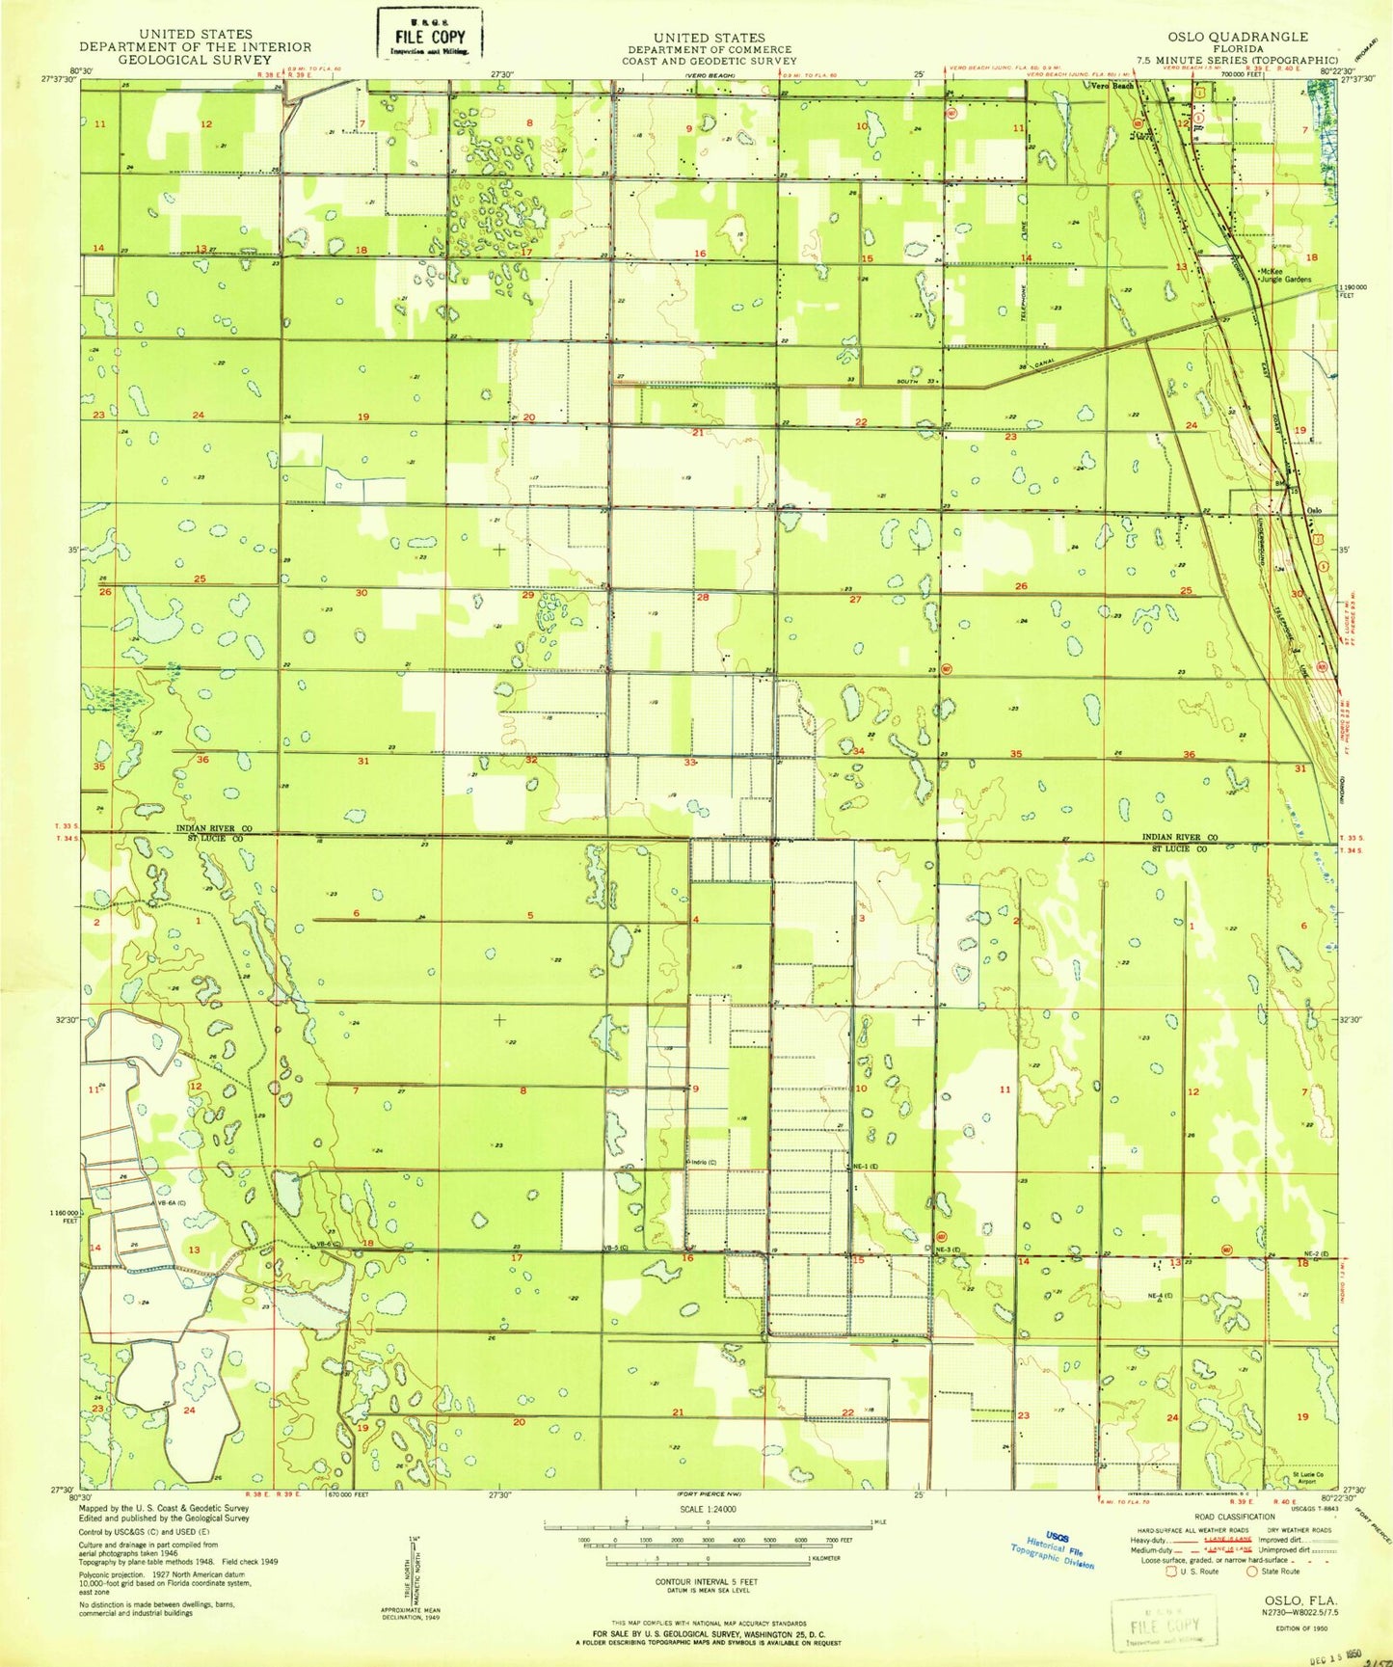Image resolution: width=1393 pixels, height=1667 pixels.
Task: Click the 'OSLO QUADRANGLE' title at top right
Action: coord(1225,37)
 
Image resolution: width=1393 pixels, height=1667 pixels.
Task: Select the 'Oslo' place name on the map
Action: coord(1313,510)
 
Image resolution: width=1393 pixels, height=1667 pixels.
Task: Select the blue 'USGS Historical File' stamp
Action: coord(1052,1551)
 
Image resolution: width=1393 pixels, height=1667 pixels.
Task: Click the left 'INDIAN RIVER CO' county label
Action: coord(213,828)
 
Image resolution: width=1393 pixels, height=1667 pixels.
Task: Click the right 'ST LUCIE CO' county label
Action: coord(1179,849)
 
